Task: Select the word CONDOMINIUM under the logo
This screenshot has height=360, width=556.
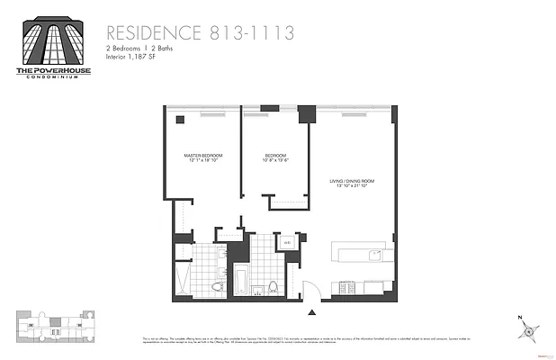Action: pyautogui.click(x=50, y=76)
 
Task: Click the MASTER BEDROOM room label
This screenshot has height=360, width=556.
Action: pyautogui.click(x=202, y=156)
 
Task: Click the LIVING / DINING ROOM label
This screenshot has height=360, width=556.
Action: pyautogui.click(x=352, y=181)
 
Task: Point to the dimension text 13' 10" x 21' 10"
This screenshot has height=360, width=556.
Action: pyautogui.click(x=352, y=187)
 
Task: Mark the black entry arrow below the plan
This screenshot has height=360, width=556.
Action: pyautogui.click(x=313, y=311)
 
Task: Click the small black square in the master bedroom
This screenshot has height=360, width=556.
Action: pyautogui.click(x=180, y=120)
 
